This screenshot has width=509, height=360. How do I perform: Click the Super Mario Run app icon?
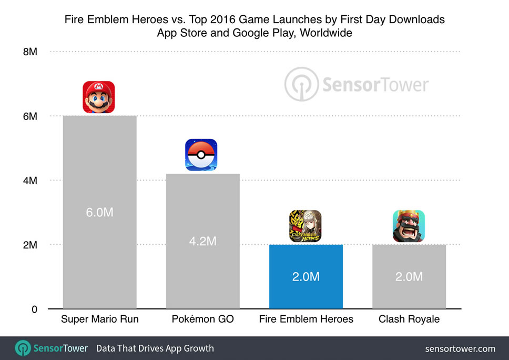pos(99,97)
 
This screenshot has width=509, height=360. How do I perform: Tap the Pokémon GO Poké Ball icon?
pos(201,155)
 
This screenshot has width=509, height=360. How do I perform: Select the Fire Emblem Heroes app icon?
pos(306,226)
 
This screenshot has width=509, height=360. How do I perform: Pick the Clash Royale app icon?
pos(409,226)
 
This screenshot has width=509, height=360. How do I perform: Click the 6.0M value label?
pos(100,213)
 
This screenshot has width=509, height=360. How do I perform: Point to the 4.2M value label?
pos(203,242)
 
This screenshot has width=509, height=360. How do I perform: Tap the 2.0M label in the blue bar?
pos(306,277)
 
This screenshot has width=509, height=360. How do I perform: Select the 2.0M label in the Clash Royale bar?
pos(409,277)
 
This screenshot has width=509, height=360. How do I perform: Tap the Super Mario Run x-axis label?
pos(100,319)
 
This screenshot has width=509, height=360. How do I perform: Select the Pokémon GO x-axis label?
pos(203,319)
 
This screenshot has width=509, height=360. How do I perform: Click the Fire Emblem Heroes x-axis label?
pos(306,319)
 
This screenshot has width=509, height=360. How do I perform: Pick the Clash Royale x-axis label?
pos(409,319)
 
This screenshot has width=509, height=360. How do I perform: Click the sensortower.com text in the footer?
pos(460,348)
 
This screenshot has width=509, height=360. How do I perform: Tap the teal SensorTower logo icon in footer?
pos(23,348)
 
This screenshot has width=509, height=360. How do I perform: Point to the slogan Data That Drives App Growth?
pos(155,348)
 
